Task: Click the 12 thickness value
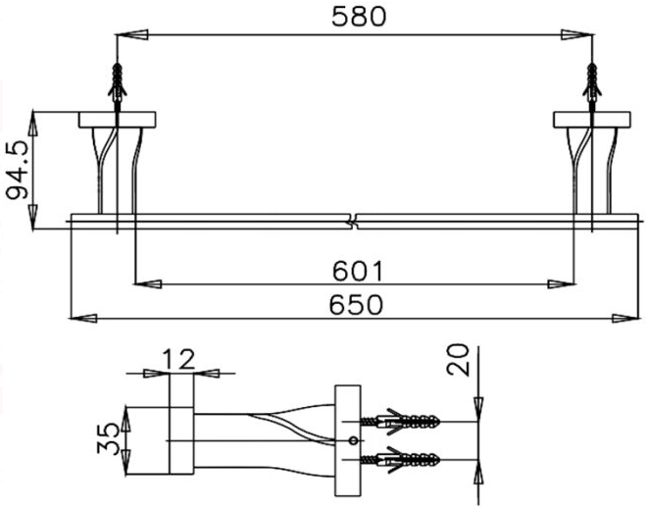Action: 178,360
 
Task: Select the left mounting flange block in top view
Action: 119,120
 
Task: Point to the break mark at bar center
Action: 354,220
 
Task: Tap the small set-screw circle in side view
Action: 352,440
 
